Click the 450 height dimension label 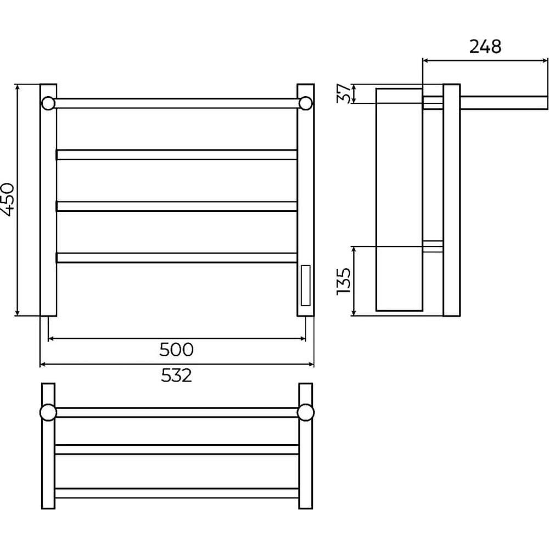(x=8, y=199)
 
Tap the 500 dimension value (x=176, y=349)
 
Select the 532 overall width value (x=176, y=376)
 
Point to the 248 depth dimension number (x=485, y=46)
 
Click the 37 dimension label (x=343, y=93)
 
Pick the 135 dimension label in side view (x=343, y=281)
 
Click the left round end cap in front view (x=48, y=103)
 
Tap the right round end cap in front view (x=306, y=103)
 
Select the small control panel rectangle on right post (x=305, y=285)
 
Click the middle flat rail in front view (x=176, y=206)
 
